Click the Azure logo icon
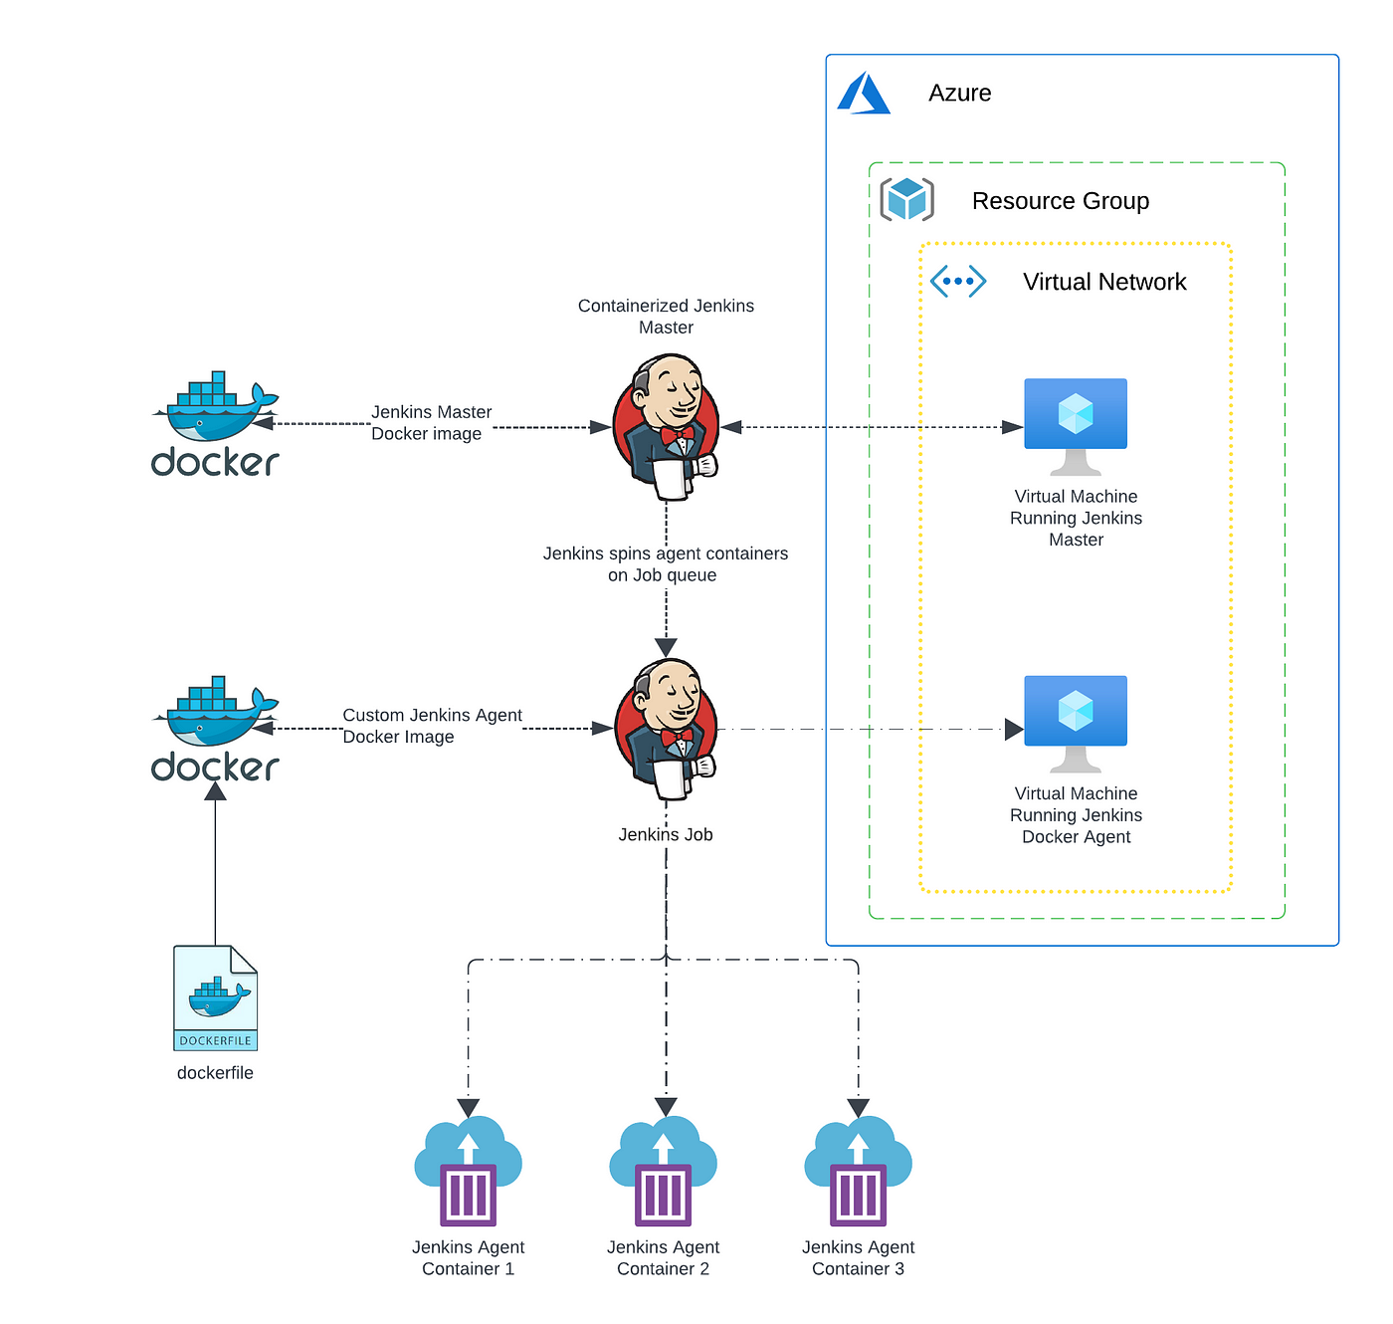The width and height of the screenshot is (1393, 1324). pos(863,93)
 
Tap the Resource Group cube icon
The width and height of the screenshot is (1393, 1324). pos(906,199)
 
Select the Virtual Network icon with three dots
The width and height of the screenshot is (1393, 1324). pos(957,281)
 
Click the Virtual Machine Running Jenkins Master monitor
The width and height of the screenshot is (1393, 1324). pos(1075,426)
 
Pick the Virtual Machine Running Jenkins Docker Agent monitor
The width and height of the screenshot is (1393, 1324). pos(1075,724)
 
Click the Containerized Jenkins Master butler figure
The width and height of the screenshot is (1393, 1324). pos(666,427)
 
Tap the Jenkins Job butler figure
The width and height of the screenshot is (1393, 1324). pos(666,729)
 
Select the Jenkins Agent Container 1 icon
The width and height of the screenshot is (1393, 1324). pos(468,1171)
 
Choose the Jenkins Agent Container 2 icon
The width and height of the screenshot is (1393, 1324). pos(663,1171)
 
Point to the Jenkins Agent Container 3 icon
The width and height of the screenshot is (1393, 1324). pos(858,1171)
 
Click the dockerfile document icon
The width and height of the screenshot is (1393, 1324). pos(215,997)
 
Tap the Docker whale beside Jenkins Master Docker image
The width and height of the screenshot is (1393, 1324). pos(215,423)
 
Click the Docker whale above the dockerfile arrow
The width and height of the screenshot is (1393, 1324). pos(215,728)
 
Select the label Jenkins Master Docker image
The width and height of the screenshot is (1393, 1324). pos(431,422)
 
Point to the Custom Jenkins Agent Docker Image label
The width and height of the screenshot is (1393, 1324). pos(432,725)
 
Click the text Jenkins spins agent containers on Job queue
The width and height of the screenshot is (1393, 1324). pos(665,563)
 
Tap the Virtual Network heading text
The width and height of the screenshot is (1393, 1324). pos(1103,281)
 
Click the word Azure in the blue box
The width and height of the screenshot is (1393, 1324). pos(959,93)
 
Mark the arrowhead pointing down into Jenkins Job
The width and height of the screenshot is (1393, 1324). pos(666,647)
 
